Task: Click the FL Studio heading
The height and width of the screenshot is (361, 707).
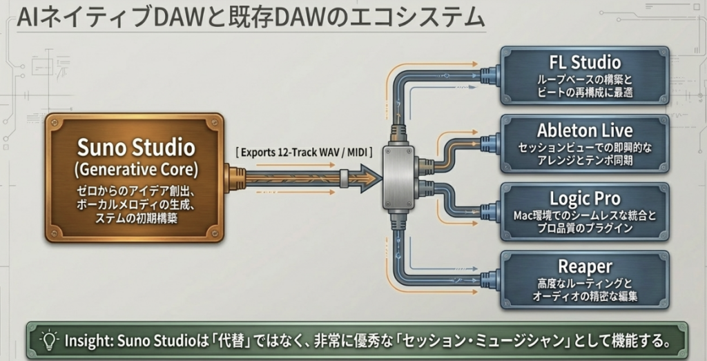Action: click(x=585, y=62)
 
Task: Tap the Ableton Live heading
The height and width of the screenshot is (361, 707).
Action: click(x=585, y=130)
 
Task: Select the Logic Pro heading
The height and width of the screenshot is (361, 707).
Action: click(x=585, y=198)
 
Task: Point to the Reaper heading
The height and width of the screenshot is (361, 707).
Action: click(x=585, y=266)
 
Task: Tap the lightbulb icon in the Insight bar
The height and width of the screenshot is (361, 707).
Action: click(x=48, y=340)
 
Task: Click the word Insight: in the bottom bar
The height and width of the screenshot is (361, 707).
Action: click(x=89, y=340)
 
